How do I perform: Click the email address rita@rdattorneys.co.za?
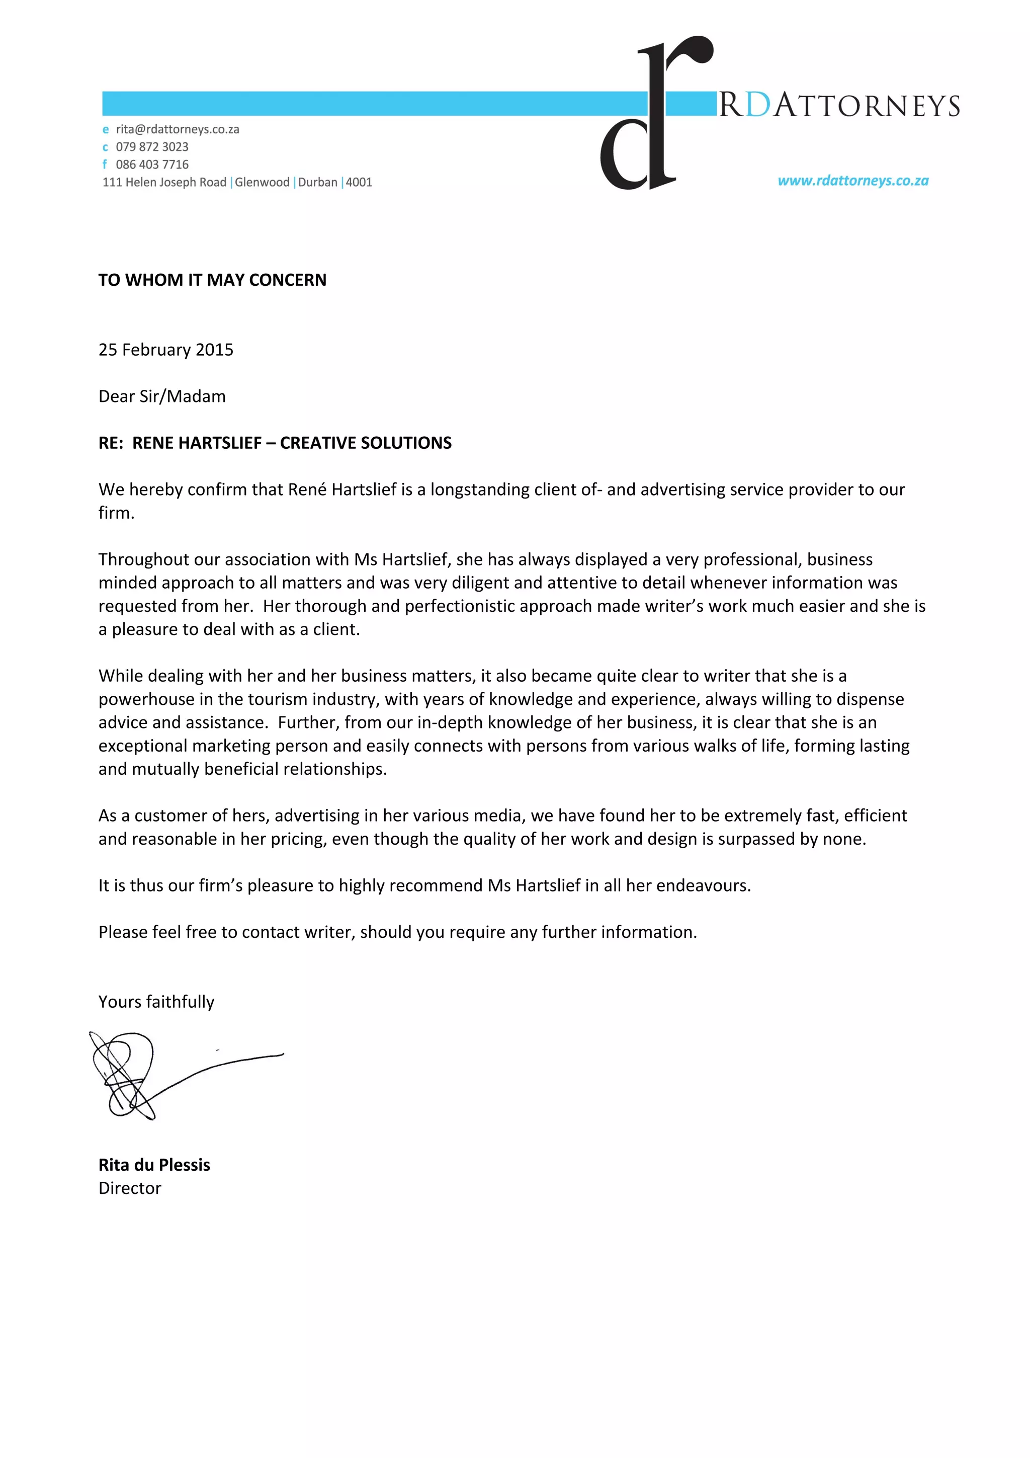(x=177, y=129)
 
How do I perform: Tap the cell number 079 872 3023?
(x=152, y=147)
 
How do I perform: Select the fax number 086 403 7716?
(x=152, y=165)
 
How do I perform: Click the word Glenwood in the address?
(x=262, y=182)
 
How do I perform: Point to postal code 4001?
(x=359, y=182)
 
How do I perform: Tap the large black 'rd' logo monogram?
(x=654, y=114)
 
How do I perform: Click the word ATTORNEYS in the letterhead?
(x=866, y=106)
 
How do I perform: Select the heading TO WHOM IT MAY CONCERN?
(x=212, y=280)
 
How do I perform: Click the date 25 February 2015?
(x=165, y=350)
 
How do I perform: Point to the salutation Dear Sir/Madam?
(x=162, y=396)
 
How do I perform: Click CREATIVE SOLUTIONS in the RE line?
(x=366, y=443)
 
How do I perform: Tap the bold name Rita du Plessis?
(x=154, y=1165)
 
